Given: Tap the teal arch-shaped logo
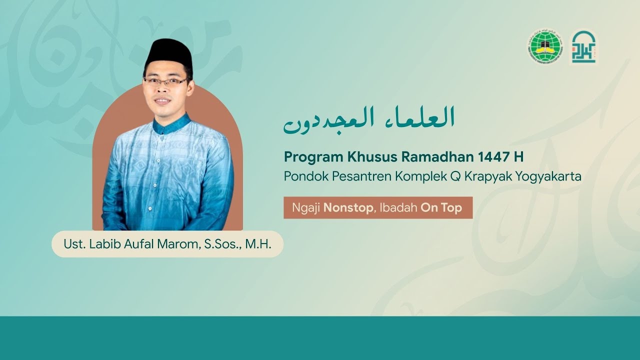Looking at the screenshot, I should click(583, 47).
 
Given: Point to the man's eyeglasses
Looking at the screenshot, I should click(165, 81).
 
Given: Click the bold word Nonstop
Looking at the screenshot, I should click(348, 208).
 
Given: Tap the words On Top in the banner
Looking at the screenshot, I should click(441, 208).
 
